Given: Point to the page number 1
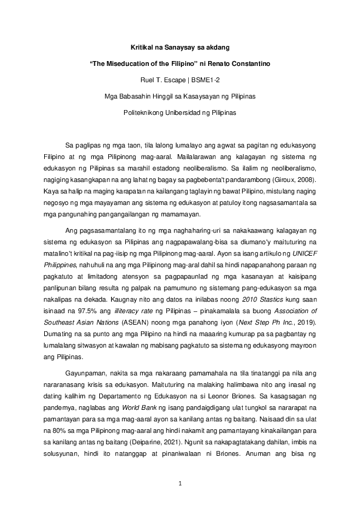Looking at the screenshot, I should click(x=180, y=484).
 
